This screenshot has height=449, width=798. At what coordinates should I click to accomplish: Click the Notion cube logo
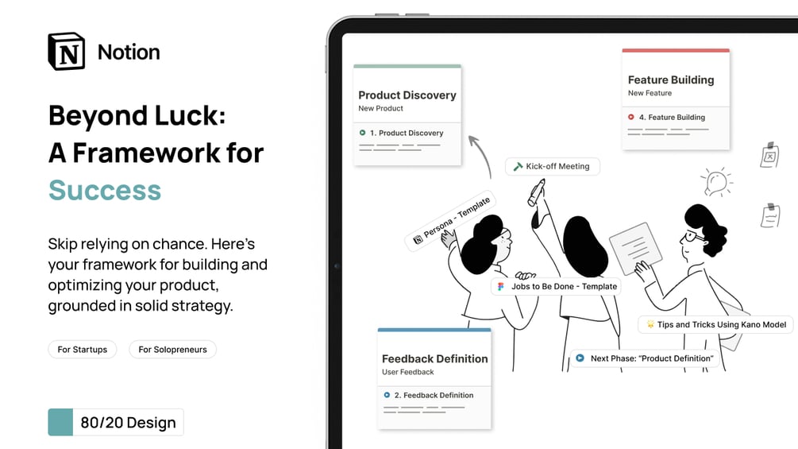(x=66, y=52)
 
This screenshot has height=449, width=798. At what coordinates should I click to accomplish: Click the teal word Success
(x=105, y=191)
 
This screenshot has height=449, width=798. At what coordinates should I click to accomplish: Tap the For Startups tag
(x=83, y=350)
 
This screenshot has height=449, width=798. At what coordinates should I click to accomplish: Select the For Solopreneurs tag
(x=172, y=350)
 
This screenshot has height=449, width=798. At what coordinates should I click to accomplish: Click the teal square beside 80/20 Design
(x=60, y=422)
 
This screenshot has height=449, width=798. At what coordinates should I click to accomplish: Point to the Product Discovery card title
(x=407, y=95)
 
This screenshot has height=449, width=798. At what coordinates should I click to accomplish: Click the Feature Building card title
(x=671, y=80)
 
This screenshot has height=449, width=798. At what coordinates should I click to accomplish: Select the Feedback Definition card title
(x=435, y=359)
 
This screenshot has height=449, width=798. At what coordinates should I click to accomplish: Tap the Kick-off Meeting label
(x=553, y=167)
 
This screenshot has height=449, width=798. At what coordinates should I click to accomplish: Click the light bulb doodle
(x=716, y=183)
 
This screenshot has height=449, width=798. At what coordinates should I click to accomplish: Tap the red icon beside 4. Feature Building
(x=631, y=118)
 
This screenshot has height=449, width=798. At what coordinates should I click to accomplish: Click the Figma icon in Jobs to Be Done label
(x=501, y=287)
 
